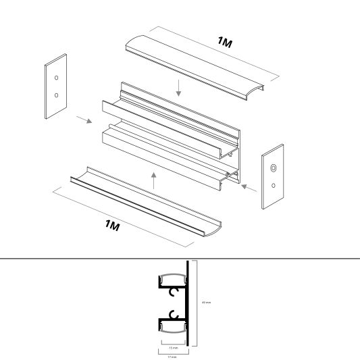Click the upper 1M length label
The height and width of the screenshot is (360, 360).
[x=225, y=43]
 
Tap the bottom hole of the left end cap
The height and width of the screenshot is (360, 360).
[x=56, y=95]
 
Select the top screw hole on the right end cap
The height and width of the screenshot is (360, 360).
[x=274, y=167]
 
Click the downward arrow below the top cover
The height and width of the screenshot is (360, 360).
[x=178, y=86]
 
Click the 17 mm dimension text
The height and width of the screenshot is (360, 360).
[x=173, y=357]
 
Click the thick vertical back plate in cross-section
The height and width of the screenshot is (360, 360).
[x=188, y=301]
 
